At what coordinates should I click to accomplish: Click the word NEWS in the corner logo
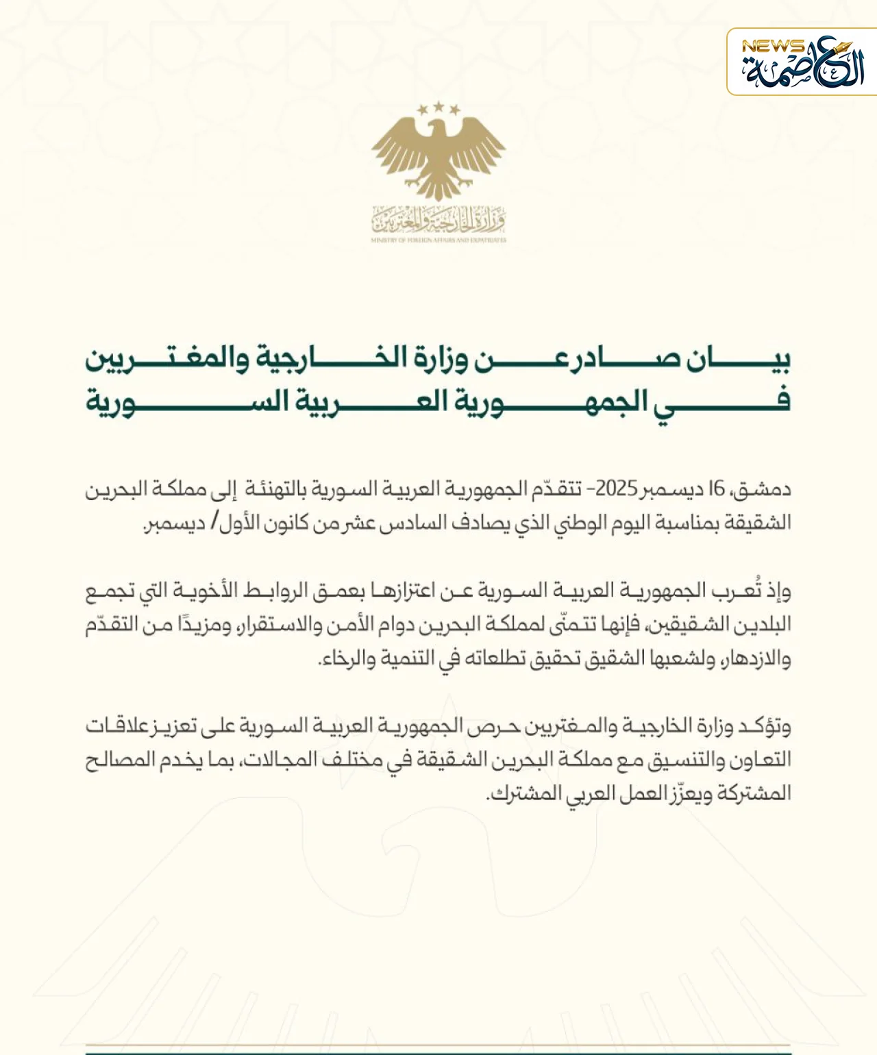pos(772,47)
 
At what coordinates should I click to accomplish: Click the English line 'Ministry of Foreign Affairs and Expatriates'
pos(438,240)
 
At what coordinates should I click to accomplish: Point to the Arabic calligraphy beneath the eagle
pos(438,220)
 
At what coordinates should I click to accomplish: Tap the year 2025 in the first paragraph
pos(616,488)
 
